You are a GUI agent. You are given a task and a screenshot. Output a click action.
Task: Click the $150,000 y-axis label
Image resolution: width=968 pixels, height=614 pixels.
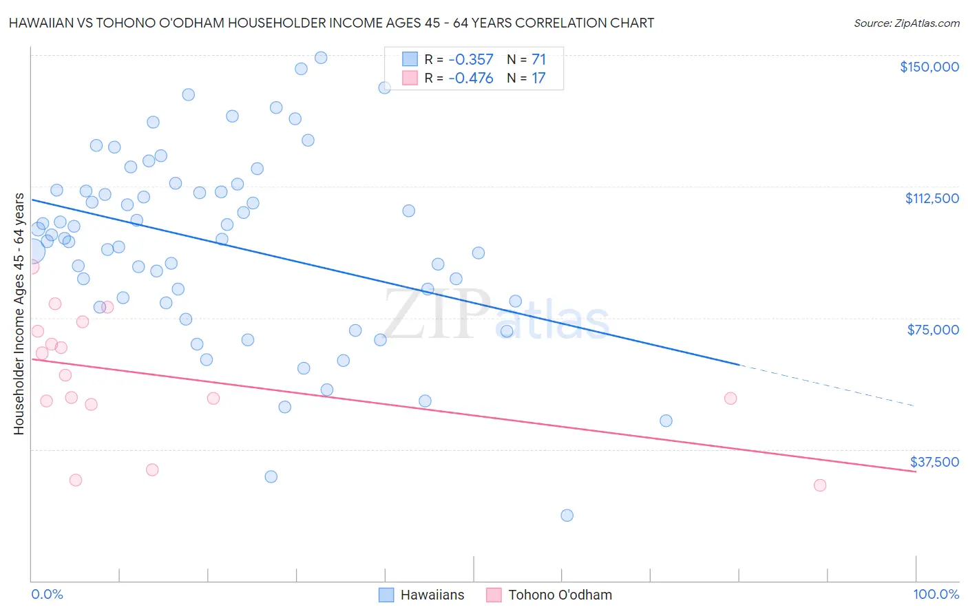[x=929, y=67]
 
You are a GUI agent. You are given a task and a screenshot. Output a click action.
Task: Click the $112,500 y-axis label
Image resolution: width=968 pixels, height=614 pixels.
[x=932, y=198]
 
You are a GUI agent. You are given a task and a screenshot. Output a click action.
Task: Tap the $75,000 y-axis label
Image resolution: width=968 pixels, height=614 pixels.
[x=933, y=330]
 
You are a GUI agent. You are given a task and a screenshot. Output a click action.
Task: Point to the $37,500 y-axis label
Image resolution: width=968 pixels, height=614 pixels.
[x=934, y=462]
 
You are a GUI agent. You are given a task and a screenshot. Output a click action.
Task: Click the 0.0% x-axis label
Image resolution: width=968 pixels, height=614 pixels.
[x=47, y=594]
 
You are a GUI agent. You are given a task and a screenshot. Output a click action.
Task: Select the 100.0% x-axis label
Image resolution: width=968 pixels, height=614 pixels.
[x=936, y=594]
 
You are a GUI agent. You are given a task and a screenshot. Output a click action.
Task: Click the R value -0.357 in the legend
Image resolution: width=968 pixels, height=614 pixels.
[x=470, y=60]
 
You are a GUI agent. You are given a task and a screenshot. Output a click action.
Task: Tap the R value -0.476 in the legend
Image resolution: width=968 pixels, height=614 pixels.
[x=470, y=78]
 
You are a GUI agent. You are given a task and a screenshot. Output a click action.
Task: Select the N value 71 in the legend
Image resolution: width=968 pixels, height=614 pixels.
[x=538, y=60]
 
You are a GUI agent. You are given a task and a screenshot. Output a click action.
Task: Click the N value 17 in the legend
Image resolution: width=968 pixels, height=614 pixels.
[x=538, y=78]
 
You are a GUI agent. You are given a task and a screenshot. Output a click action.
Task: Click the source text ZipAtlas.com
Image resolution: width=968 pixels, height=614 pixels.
[x=906, y=23]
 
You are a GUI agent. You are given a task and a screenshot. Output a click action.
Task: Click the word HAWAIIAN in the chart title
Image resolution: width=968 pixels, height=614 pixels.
[x=41, y=23]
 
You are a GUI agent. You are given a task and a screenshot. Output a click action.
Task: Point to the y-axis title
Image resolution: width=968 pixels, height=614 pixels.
[x=19, y=314]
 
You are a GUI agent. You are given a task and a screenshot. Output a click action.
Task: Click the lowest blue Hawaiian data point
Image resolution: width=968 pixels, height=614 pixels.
[x=567, y=516]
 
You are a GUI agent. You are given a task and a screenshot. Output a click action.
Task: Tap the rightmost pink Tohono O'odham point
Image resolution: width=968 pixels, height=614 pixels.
[x=819, y=485]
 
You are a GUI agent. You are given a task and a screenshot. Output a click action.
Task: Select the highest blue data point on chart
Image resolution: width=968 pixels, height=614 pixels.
[x=321, y=58]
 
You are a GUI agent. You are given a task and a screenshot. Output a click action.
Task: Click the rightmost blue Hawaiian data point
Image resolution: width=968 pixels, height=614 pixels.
[x=666, y=421]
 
